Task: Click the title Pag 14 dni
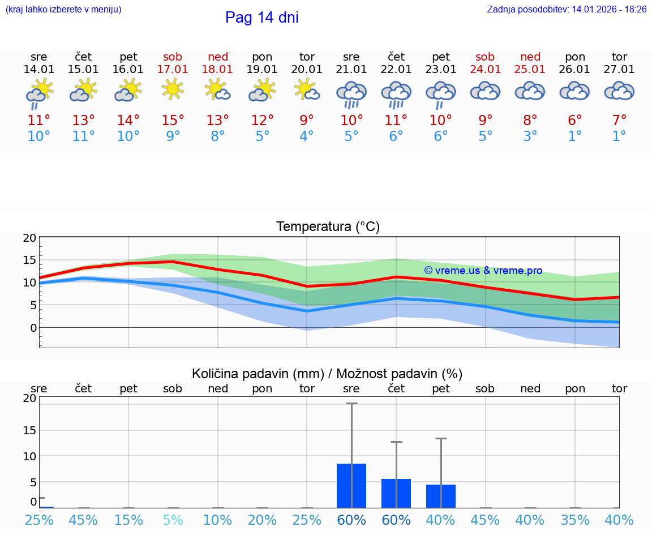pos(261,18)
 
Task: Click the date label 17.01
pos(173,70)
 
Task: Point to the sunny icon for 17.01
pos(173,89)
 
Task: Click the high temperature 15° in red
pos(173,120)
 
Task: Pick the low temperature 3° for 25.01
pos(530,136)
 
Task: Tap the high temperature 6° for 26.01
pos(575,120)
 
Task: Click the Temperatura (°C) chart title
pos(328,227)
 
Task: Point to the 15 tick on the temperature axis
pos(29,260)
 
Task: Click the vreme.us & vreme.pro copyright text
pos(483,271)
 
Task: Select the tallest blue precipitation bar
pos(351,486)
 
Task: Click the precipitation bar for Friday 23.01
pos(440,496)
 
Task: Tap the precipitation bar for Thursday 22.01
pos(396,493)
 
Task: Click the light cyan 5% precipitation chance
pos(173,520)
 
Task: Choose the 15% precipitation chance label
pos(128,520)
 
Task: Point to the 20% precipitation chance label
pos(262,520)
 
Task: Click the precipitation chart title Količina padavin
pos(327,374)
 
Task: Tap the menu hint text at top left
pos(63,10)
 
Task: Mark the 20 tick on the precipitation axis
pos(29,398)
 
